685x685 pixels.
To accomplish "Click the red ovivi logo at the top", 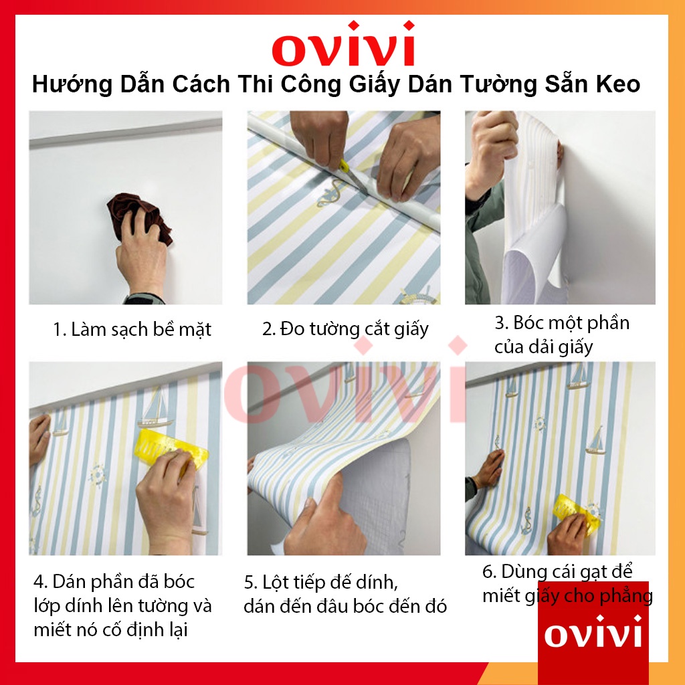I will point(342,45).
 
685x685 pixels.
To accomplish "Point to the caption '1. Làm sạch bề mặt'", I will point(132,329).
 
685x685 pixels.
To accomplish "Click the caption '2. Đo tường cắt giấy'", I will point(345,329).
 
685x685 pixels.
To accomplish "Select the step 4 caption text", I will point(122,605).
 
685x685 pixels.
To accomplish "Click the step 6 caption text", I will point(567,583).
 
